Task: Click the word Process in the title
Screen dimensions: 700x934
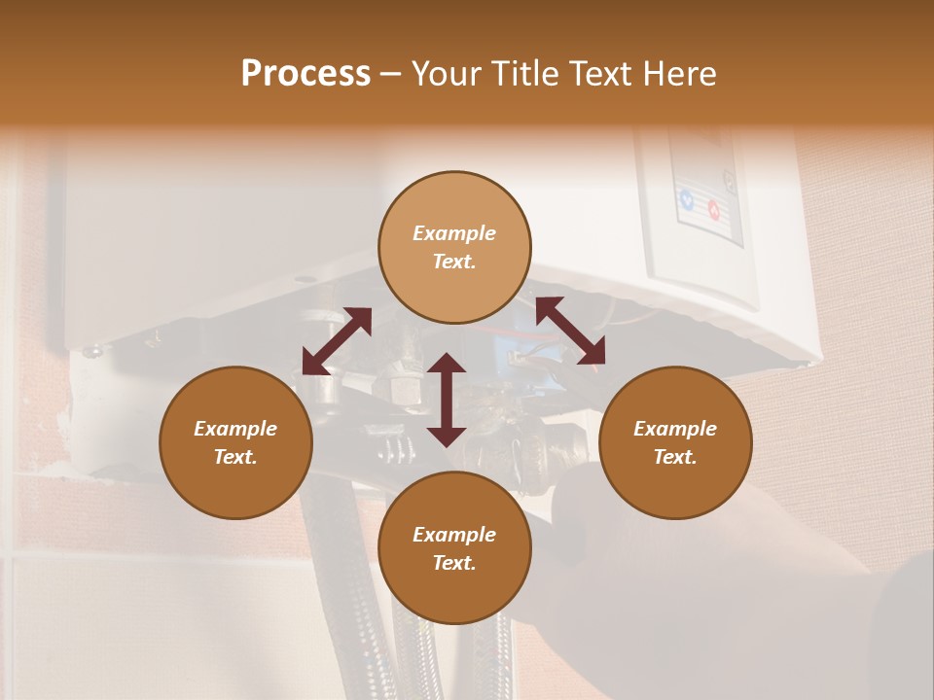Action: pyautogui.click(x=305, y=74)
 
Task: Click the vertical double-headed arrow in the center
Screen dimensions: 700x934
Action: pyautogui.click(x=447, y=400)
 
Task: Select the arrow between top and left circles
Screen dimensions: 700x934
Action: pyautogui.click(x=337, y=340)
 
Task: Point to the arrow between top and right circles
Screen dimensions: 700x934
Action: pyautogui.click(x=570, y=331)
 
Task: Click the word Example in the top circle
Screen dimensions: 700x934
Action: pyautogui.click(x=454, y=233)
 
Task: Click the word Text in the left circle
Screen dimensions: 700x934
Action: pyautogui.click(x=235, y=457)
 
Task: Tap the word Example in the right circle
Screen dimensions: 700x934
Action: pyautogui.click(x=675, y=429)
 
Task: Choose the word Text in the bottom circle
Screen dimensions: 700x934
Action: pyautogui.click(x=454, y=563)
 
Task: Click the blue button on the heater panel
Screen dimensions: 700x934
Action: pyautogui.click(x=687, y=201)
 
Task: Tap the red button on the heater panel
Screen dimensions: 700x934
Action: pyautogui.click(x=713, y=207)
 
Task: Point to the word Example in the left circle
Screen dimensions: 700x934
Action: pyautogui.click(x=235, y=429)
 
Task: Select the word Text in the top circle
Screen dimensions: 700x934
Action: pyautogui.click(x=454, y=262)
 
